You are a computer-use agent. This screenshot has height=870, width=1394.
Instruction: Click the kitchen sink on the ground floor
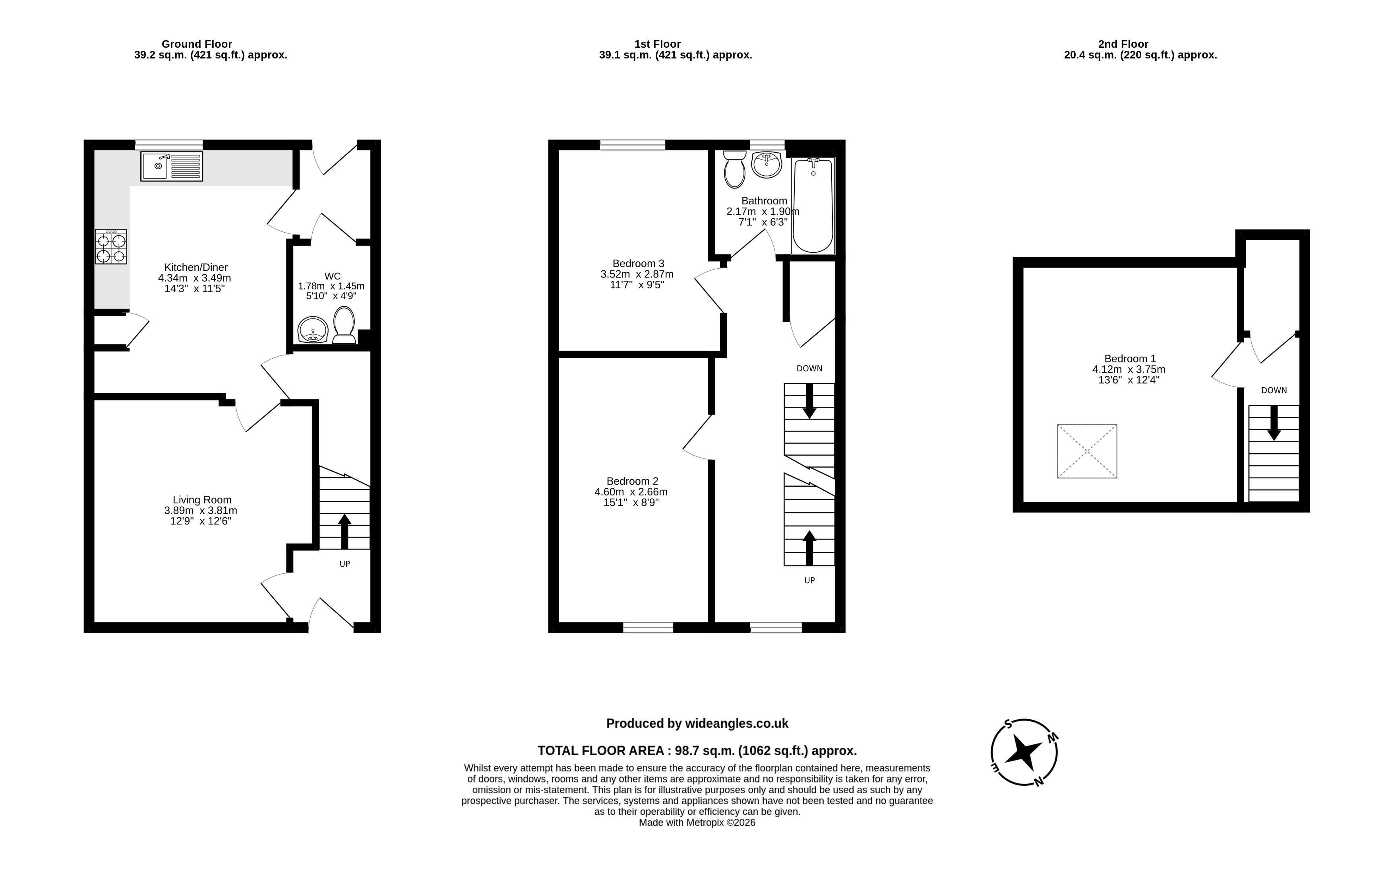(171, 166)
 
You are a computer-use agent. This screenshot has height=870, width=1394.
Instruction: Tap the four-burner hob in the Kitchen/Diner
(111, 247)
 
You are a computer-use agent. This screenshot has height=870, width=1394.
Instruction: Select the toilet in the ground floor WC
(344, 325)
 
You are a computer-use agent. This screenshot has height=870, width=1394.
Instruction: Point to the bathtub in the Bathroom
(813, 206)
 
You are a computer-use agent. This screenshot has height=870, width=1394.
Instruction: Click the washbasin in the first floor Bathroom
(767, 165)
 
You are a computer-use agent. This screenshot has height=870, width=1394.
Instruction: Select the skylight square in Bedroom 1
(1087, 451)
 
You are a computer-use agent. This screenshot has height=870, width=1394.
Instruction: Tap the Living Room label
(202, 500)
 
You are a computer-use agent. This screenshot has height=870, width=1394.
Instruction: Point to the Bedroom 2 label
(632, 481)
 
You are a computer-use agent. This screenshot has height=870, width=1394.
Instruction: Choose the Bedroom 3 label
(638, 264)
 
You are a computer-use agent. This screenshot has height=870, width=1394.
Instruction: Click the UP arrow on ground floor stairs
(345, 531)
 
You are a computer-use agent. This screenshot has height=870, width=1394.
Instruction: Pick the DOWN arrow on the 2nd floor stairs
(1274, 423)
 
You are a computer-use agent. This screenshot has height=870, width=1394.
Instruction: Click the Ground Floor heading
(197, 44)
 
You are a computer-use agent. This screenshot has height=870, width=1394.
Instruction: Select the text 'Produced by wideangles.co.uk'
(697, 723)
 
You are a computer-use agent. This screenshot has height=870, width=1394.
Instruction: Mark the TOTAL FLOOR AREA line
(697, 750)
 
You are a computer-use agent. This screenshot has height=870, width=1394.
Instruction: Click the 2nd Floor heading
(1123, 44)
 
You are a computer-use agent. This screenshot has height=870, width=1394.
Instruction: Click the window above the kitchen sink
(169, 144)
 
